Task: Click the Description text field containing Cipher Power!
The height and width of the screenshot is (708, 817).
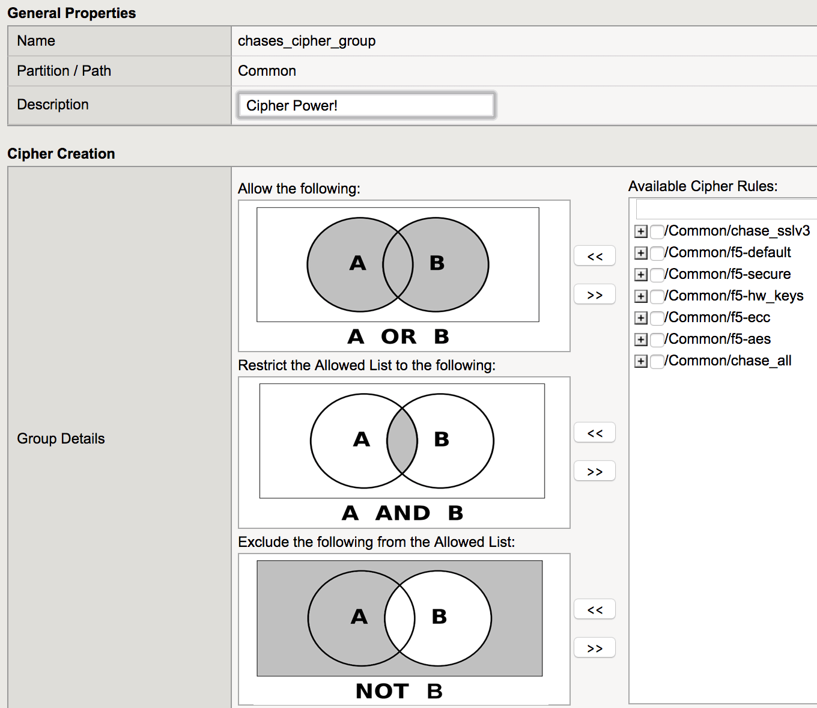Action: tap(366, 106)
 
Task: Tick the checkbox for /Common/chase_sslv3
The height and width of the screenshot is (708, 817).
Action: tap(657, 231)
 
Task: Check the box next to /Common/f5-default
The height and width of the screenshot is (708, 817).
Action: tap(657, 253)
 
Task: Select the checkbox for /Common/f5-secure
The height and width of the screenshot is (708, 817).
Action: tap(657, 275)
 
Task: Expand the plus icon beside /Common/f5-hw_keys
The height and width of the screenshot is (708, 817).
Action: tap(641, 296)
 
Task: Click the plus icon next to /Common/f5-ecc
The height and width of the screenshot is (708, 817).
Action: tap(641, 317)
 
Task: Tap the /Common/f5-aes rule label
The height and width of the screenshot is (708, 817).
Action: tap(717, 339)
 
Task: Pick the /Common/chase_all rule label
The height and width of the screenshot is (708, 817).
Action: tap(727, 361)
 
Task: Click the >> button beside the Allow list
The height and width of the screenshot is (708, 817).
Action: tap(595, 294)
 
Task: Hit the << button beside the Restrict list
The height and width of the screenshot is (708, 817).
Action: tap(595, 432)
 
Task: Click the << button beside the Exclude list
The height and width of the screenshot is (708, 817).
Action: tap(595, 609)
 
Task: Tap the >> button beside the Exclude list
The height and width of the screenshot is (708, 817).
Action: tap(595, 647)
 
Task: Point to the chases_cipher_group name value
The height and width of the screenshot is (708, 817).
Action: tap(307, 41)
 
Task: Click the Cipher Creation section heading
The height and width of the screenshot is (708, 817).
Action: tap(61, 153)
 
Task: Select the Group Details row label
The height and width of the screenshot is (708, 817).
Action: tap(61, 439)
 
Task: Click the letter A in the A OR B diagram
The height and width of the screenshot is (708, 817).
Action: tap(357, 263)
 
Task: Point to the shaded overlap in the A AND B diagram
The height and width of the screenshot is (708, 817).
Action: tap(402, 441)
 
